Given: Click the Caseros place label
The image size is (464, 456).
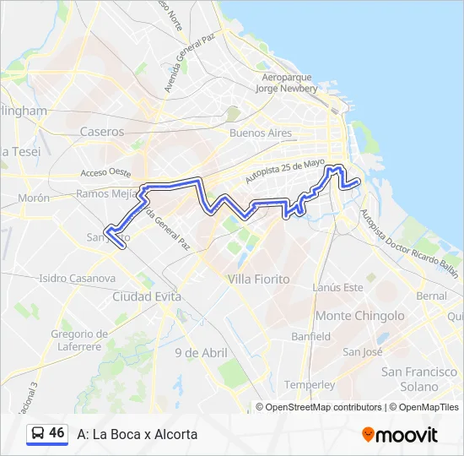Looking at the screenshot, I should pos(101,132).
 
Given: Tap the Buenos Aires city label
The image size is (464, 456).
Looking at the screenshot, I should pos(261,133).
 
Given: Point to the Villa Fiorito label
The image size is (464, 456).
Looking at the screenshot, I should pos(258,279).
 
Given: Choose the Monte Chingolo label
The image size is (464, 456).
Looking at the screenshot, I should pos(359,316).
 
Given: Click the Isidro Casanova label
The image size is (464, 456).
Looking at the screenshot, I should pos(77,278).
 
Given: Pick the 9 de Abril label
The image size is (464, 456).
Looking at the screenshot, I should pos(201,352).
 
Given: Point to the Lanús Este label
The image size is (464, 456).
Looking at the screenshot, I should pos(337,288).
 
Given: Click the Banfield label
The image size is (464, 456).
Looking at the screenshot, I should pos(310,336).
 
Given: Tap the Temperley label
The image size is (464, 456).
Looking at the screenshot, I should pos(310,384).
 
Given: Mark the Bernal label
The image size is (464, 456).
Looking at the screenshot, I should pos(431,296).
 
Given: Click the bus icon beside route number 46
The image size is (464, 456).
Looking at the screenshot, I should pos(37,434).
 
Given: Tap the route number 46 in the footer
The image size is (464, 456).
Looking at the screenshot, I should pos(57,433).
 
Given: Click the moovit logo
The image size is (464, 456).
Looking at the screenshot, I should pos(400,435).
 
